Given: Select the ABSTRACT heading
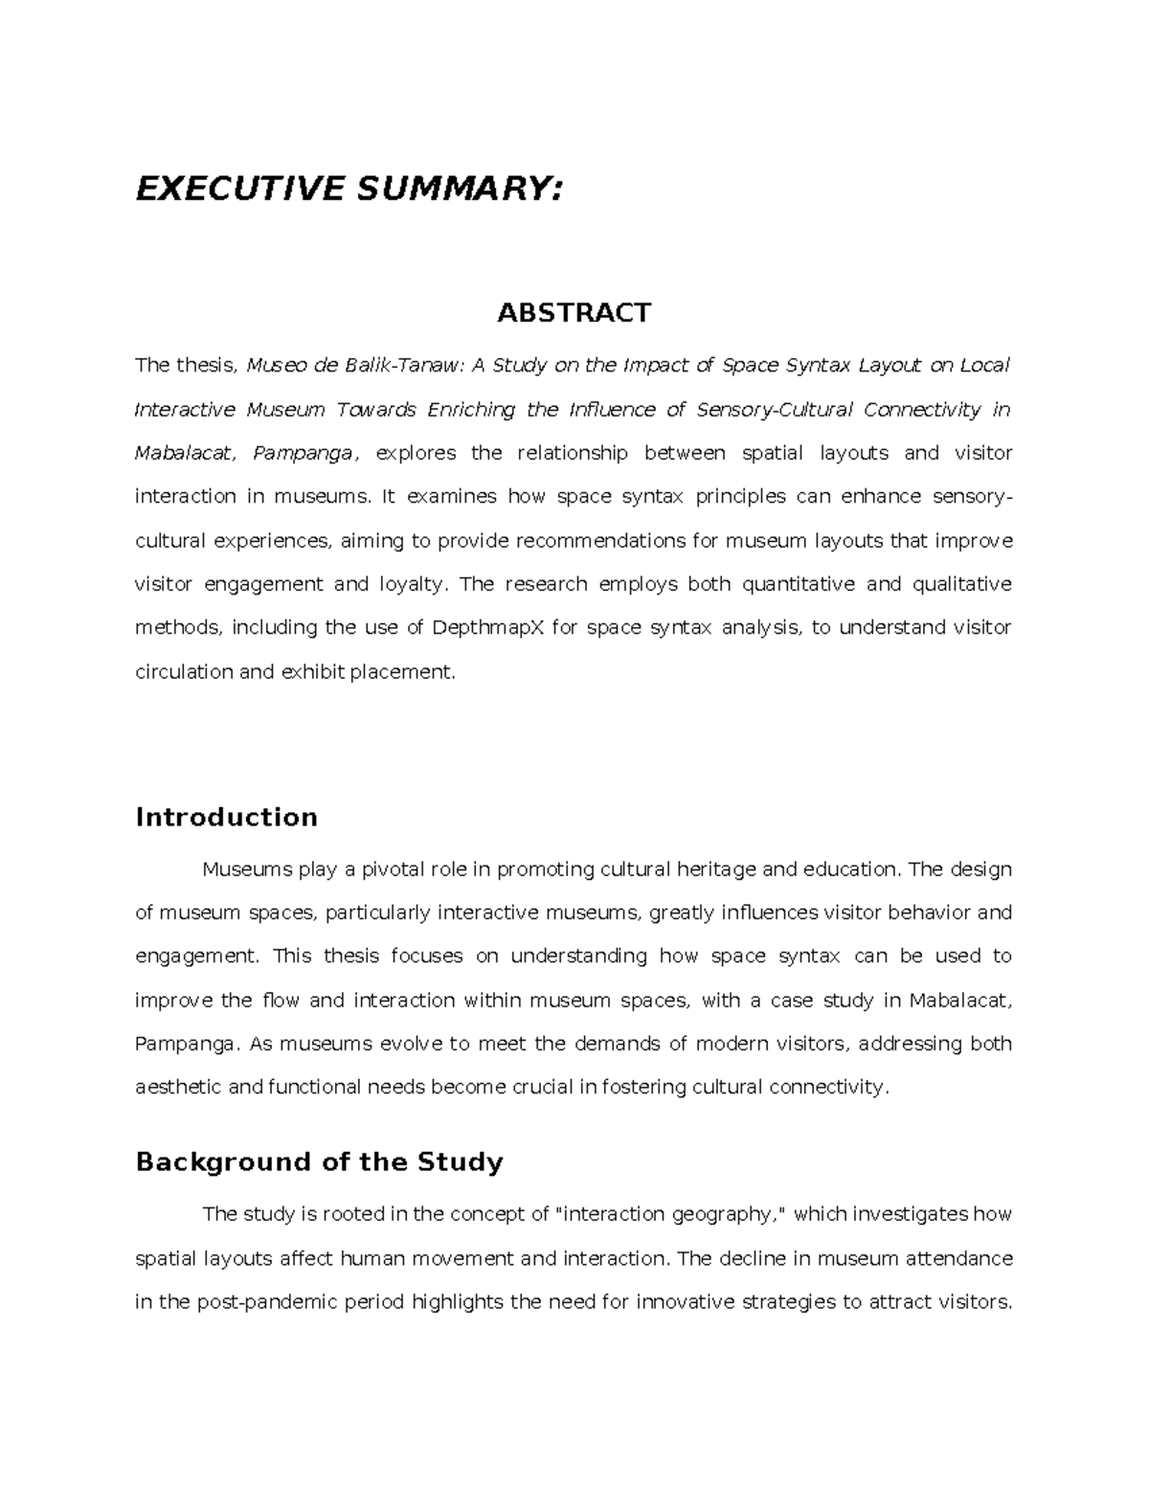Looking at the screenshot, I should [x=574, y=312].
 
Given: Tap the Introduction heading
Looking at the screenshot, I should [x=227, y=817].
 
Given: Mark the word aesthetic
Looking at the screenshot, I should [x=179, y=1087].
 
